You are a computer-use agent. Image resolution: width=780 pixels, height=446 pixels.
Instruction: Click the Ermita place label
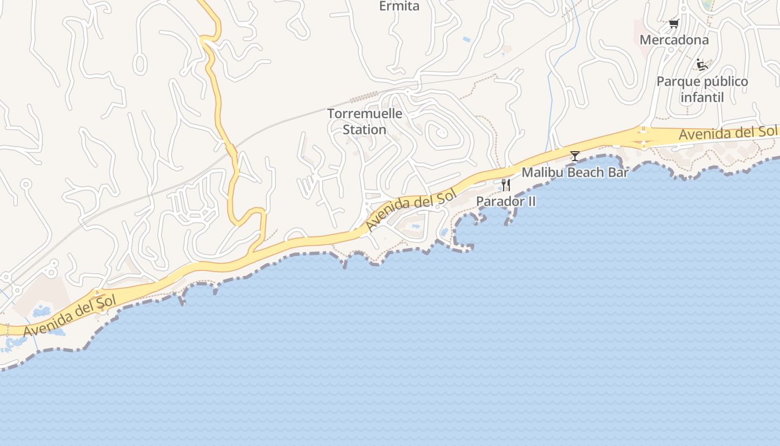399,6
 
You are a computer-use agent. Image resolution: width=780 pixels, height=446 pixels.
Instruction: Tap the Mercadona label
674,40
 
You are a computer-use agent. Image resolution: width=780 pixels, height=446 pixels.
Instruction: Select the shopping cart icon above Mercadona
674,23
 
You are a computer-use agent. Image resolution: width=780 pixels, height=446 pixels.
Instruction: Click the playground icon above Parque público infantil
702,65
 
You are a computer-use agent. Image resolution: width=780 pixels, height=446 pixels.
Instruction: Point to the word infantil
702,98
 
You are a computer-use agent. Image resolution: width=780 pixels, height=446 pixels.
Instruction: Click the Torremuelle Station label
364,122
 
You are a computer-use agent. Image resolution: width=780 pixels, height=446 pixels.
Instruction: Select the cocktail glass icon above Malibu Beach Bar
575,156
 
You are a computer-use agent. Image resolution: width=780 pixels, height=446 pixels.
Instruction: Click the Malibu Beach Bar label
575,172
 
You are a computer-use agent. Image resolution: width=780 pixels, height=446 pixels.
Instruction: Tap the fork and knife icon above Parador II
506,185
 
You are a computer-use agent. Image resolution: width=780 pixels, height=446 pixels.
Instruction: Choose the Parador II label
506,201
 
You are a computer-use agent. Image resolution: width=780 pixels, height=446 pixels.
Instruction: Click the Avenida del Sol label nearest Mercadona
727,133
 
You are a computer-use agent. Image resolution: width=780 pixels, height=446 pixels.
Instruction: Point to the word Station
364,129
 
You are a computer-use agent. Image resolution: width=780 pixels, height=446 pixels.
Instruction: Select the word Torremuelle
364,114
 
